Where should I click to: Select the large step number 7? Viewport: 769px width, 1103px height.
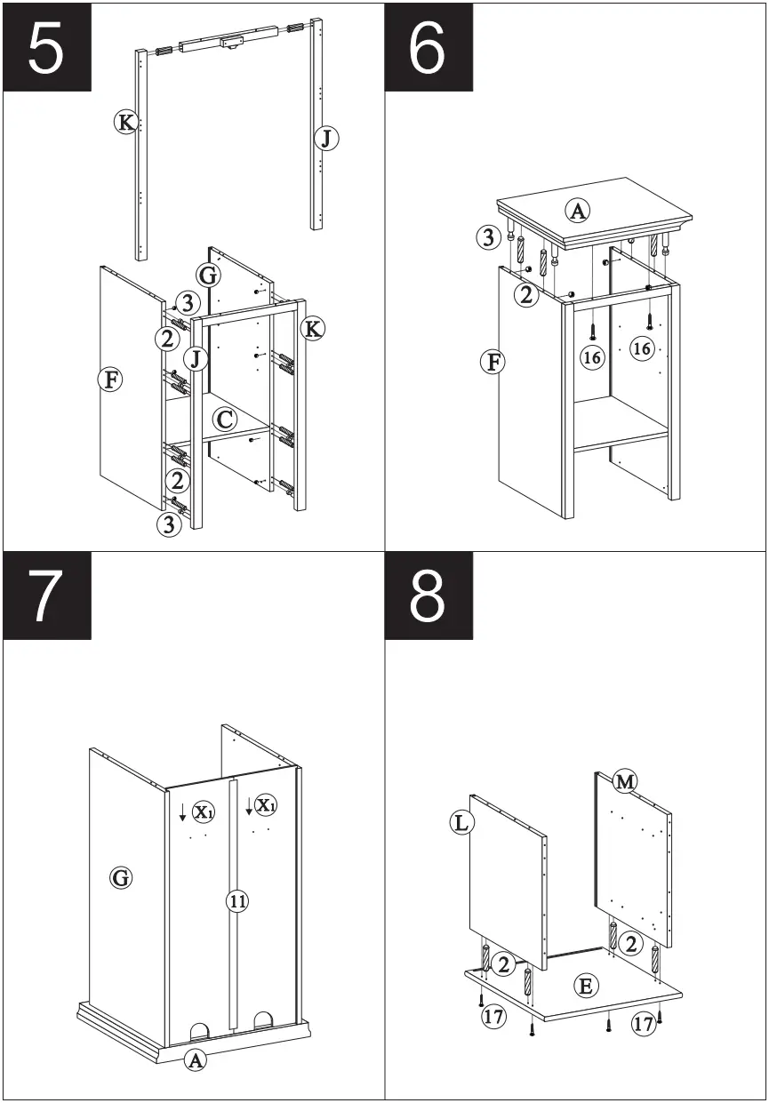click(46, 595)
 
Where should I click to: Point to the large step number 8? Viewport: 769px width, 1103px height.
click(428, 595)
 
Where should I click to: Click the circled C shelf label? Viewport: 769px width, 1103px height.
click(225, 419)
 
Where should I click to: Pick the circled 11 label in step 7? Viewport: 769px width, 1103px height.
click(236, 901)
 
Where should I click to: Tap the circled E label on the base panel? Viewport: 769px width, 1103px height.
click(586, 985)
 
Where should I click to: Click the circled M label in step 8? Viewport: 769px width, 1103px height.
click(625, 781)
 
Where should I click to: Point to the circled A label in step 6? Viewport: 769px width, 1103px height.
click(578, 211)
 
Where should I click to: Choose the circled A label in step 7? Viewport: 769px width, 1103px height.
click(196, 1059)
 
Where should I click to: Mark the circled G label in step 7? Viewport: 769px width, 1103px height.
click(121, 878)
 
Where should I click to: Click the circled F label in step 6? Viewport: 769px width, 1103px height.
click(491, 362)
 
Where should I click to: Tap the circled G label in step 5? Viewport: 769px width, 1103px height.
click(208, 276)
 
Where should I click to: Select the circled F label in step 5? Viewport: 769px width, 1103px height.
click(110, 380)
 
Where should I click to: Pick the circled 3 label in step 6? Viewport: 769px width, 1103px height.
click(487, 237)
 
